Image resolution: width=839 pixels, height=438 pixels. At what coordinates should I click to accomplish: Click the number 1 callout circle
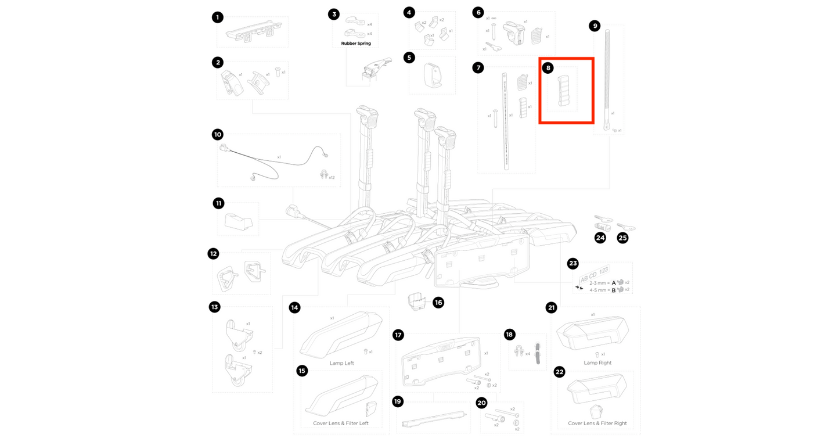point(217,17)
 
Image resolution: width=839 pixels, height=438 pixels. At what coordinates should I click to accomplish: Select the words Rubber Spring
point(355,44)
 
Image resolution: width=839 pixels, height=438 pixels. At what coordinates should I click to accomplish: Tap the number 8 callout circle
point(548,68)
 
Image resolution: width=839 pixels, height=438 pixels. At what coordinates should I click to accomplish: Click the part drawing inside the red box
point(562,91)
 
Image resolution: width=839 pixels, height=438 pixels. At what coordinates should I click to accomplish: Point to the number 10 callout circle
point(218,135)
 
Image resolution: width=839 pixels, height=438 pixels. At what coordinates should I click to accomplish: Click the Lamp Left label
point(341,363)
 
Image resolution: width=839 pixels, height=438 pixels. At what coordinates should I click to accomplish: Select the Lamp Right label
point(597,363)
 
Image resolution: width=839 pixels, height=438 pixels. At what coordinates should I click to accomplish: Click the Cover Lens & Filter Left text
point(341,423)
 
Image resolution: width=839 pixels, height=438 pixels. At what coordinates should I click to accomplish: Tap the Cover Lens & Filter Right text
point(597,423)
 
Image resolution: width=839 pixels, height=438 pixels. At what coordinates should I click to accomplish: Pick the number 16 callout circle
point(438,303)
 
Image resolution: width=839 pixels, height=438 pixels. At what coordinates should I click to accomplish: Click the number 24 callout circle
point(600,238)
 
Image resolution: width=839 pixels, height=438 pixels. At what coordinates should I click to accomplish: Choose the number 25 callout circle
point(622,238)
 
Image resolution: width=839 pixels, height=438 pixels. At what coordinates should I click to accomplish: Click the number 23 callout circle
point(573,264)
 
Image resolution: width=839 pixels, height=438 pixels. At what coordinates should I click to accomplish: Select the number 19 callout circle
point(398,401)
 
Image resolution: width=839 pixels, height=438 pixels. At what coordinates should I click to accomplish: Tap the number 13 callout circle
point(215,307)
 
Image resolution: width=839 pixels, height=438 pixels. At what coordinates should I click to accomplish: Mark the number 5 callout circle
point(410,58)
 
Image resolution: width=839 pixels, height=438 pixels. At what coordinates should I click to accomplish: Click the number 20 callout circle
point(481,403)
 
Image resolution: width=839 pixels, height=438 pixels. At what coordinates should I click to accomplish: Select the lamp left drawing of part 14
point(341,335)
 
